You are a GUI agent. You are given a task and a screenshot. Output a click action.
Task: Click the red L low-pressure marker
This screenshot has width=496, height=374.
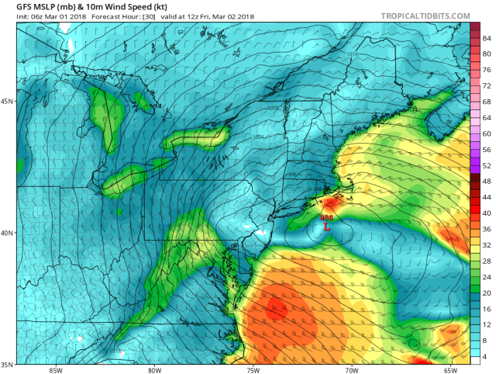pyautogui.click(x=327, y=228)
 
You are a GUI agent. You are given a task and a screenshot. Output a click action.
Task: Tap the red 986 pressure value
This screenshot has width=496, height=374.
pyautogui.click(x=326, y=219)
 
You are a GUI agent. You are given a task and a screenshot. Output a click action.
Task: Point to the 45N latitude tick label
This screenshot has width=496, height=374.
pyautogui.click(x=8, y=101)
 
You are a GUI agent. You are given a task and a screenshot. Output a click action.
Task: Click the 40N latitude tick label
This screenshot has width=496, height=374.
pyautogui.click(x=8, y=233)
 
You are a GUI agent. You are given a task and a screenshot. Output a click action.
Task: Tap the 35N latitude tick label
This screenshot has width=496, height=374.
pyautogui.click(x=8, y=364)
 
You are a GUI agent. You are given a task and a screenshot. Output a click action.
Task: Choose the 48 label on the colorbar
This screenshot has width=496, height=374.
pyautogui.click(x=487, y=181)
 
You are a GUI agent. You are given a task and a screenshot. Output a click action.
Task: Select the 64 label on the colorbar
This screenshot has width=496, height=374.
pyautogui.click(x=487, y=116)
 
